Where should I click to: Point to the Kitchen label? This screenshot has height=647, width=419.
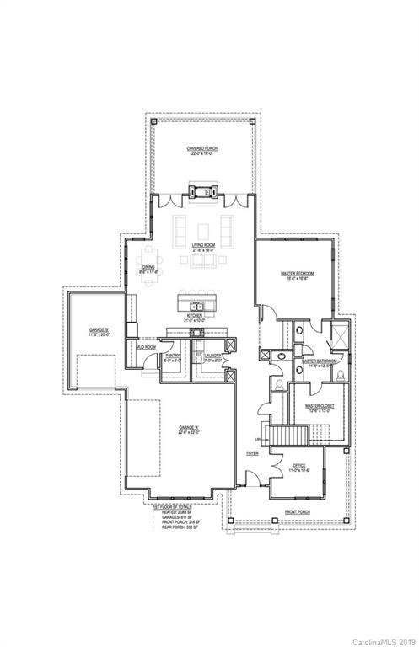(x=195, y=318)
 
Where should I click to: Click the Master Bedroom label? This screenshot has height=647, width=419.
(x=297, y=275)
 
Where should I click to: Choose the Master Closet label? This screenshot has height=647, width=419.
(x=320, y=407)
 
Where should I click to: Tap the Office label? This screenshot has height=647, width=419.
(x=299, y=466)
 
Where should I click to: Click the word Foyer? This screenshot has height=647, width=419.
(x=252, y=453)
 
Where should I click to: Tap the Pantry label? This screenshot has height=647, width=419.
(x=172, y=356)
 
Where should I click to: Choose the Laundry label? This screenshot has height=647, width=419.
(x=208, y=356)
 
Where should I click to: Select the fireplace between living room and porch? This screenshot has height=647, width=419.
(x=202, y=192)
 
